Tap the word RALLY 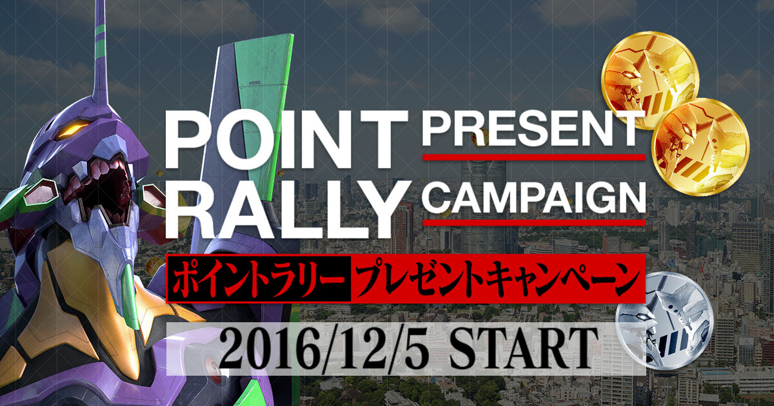coord(286,206)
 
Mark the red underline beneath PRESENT coord(533,157)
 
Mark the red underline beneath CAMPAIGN coord(533,222)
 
